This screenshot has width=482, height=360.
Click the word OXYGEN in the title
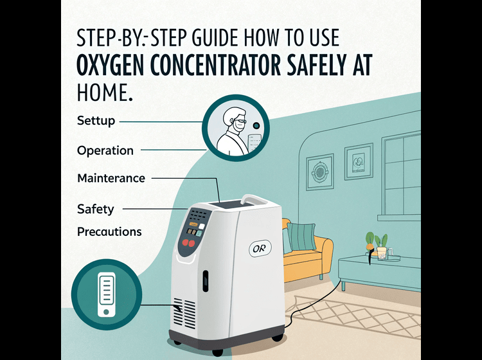pos(110,65)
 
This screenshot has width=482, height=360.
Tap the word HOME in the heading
pos(102,92)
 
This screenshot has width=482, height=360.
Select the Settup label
pos(96,120)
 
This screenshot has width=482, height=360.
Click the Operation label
pos(105,150)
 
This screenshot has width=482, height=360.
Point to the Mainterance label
pos(111,178)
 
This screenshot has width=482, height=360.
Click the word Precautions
pos(109,231)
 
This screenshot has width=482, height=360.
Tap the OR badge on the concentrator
pos(260,248)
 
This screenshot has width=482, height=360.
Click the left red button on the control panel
pos(185,242)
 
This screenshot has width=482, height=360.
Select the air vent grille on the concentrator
pos(184,313)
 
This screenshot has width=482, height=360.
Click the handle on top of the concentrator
pos(254,199)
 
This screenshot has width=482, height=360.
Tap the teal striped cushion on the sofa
pos(301,236)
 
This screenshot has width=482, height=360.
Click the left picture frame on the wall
pos(319,172)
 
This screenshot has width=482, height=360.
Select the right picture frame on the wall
pos(359,161)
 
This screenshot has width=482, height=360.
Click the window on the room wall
pos(401,175)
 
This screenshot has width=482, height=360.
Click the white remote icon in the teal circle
pos(106,294)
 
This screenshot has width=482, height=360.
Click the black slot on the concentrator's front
pos(205,281)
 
